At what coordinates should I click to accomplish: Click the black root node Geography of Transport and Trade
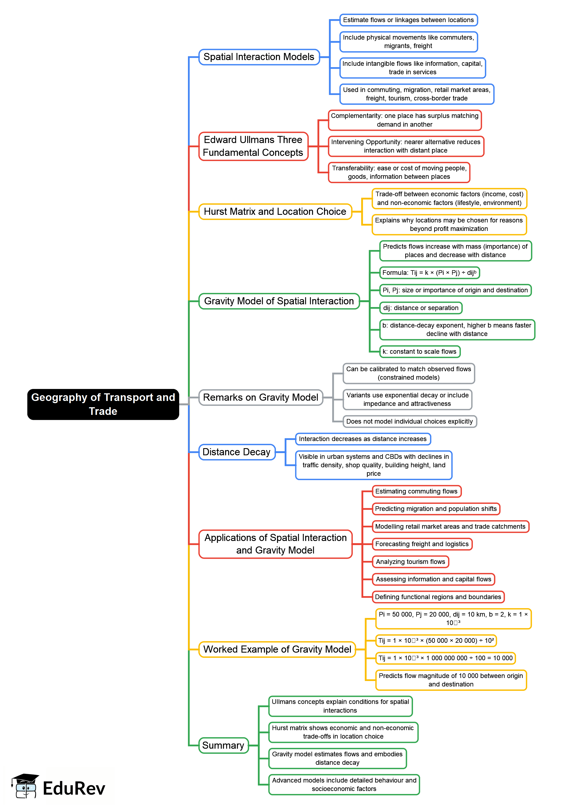coord(103,404)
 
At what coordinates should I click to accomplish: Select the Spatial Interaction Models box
coord(259,57)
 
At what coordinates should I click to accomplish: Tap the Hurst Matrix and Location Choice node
coord(275,212)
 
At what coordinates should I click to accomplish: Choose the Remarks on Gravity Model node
coord(261,397)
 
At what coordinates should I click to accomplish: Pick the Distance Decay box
coord(237,452)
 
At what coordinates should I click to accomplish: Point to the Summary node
coord(223,745)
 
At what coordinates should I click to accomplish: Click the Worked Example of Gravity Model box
coord(277,649)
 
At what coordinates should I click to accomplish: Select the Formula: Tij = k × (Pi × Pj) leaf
coord(429,273)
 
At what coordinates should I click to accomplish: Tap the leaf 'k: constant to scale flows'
coord(420,351)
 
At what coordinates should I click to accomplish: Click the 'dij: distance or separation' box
coord(421,308)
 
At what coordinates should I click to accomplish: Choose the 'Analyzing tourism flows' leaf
coord(410,562)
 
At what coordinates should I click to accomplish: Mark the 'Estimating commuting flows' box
coord(416,491)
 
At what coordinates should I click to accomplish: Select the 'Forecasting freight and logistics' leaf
coord(422,544)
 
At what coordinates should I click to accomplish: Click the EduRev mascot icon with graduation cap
coord(25,786)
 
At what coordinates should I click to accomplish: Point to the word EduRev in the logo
coord(74,788)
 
